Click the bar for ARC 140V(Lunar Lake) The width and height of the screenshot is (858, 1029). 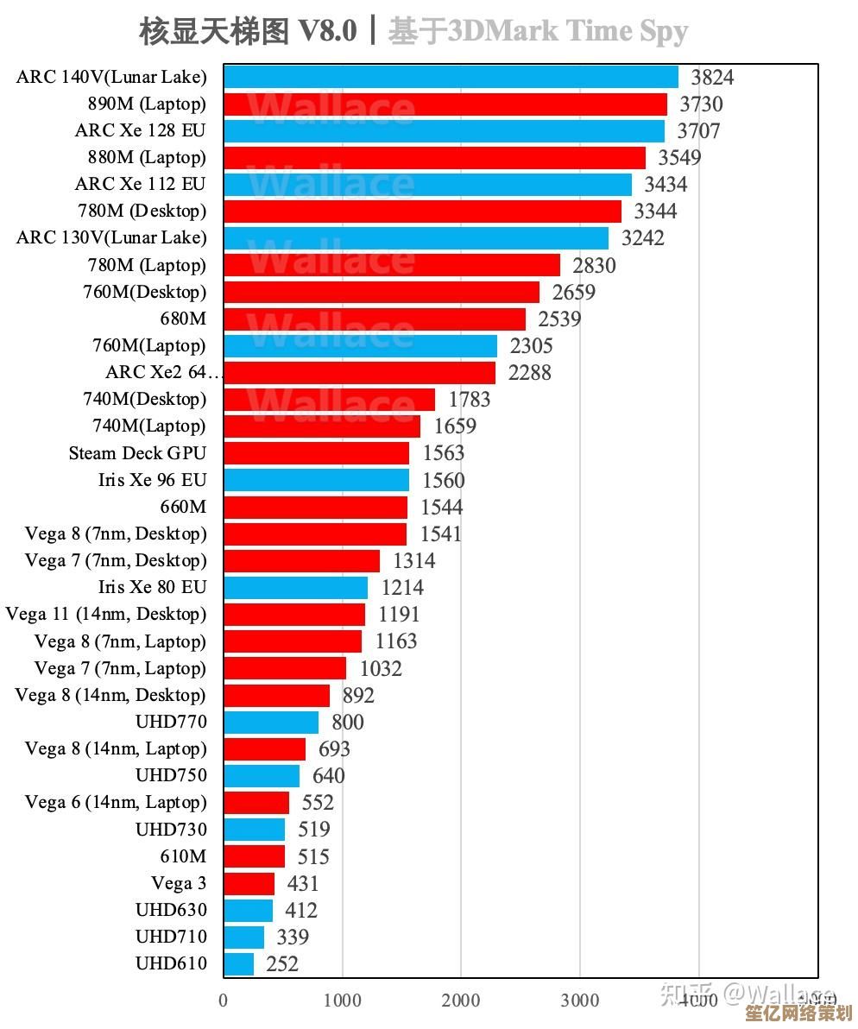coord(451,78)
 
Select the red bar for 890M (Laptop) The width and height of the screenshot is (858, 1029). coord(445,104)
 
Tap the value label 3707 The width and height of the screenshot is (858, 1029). coord(698,131)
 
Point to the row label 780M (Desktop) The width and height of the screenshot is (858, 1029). coord(147,211)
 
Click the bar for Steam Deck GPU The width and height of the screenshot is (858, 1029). coord(316,453)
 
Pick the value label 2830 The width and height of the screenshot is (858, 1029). coord(595,265)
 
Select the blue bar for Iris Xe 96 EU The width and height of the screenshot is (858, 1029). coord(316,480)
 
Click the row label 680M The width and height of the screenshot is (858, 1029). coord(183,319)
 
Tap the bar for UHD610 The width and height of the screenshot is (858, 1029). coord(238,963)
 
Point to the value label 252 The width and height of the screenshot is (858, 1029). coord(282,963)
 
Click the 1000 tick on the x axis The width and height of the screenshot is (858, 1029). coord(343,1001)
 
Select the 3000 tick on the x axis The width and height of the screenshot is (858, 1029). coord(580,1001)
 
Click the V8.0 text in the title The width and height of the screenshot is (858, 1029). coord(327,32)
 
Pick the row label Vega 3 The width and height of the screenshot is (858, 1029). coord(179,883)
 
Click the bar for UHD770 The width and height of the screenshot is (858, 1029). coord(271,722)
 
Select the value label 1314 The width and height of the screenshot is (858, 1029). coord(414,561)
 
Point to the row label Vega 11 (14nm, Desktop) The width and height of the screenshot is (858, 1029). coord(106,615)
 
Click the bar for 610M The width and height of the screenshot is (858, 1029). coord(254,856)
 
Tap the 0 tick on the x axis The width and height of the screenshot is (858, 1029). coord(224,1001)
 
